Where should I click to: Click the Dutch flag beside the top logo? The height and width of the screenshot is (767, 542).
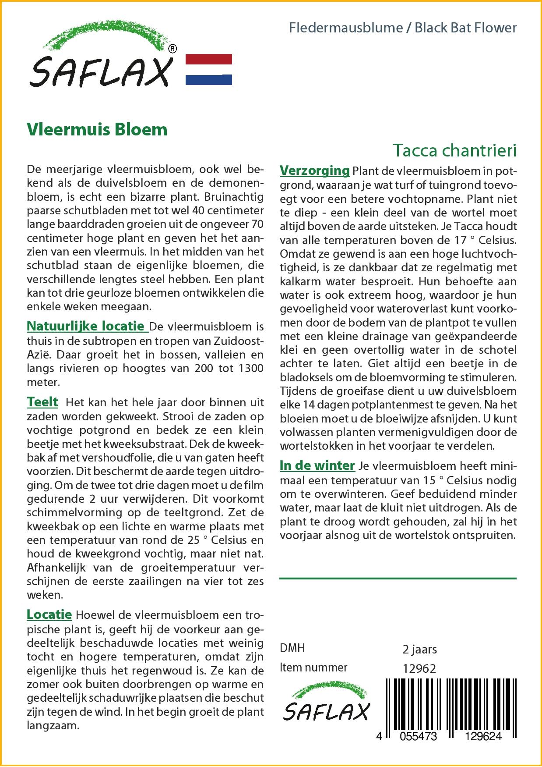209,69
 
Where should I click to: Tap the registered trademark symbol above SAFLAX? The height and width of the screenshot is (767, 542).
172,49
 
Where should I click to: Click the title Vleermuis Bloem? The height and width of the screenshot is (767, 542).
97,129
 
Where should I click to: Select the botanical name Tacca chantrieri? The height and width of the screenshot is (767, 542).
454,150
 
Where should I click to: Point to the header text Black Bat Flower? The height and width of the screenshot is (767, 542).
466,28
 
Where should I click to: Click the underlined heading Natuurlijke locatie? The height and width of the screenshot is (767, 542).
86,326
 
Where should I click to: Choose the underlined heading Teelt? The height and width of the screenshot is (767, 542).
42,402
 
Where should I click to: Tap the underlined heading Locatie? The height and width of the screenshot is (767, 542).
49,614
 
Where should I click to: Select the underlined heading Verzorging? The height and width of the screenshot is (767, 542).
314,170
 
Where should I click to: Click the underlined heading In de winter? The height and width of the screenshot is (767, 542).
317,465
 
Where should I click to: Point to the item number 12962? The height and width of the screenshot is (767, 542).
419,668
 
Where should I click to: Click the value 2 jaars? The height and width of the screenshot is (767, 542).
419,649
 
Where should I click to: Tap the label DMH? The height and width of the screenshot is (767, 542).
292,648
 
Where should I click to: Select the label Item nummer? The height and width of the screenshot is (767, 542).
313,668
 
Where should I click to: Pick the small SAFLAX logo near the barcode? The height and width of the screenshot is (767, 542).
326,706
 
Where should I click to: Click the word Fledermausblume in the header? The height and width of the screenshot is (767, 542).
346,28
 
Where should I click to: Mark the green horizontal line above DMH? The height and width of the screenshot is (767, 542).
398,579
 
